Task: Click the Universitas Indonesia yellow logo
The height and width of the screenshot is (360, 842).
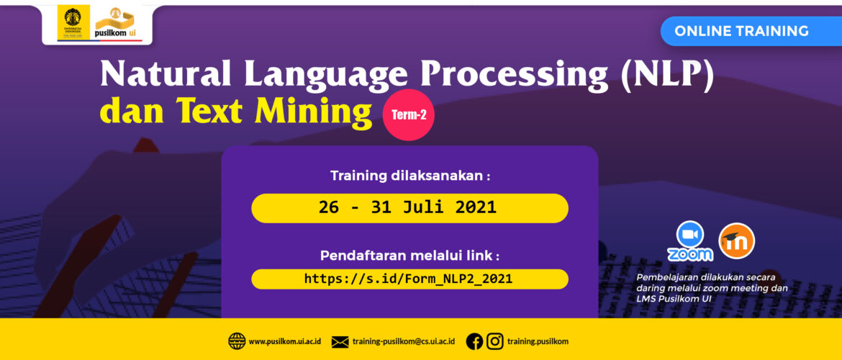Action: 73,22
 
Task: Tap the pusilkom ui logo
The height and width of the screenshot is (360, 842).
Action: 118,24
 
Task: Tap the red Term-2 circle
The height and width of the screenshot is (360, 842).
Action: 409,115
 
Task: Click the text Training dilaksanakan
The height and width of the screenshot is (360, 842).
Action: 407,176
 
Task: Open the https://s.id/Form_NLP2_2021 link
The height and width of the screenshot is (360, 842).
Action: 409,279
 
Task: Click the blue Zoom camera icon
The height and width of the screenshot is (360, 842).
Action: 690,234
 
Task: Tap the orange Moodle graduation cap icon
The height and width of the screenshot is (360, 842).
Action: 736,240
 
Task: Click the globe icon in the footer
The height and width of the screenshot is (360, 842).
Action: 237,341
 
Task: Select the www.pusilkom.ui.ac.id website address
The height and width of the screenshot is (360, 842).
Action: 284,341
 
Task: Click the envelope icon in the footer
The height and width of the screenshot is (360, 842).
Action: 340,342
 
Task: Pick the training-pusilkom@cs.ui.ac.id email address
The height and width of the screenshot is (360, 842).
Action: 403,341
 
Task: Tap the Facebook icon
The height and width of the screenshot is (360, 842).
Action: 475,341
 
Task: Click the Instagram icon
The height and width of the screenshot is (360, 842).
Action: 495,341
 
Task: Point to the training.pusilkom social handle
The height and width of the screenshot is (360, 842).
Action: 538,341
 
